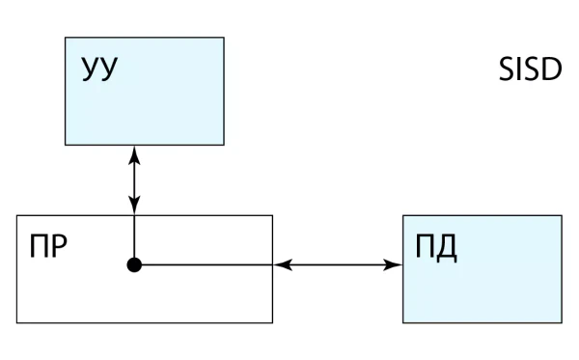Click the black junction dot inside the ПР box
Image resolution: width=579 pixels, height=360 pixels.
(134, 264)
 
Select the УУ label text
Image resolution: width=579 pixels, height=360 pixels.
(99, 69)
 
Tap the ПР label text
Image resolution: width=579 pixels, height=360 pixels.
(48, 246)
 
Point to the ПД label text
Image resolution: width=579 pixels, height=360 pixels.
(436, 247)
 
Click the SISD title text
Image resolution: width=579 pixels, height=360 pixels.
(530, 69)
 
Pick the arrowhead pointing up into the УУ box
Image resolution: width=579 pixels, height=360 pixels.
(134, 155)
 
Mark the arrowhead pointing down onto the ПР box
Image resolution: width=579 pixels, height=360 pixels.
(134, 206)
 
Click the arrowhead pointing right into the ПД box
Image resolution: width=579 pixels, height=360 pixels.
(393, 264)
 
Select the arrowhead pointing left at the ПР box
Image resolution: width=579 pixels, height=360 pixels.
(283, 264)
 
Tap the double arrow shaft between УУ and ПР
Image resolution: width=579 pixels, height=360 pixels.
(134, 180)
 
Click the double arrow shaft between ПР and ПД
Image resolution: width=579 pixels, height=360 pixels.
(338, 264)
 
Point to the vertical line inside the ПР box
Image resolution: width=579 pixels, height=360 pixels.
(134, 236)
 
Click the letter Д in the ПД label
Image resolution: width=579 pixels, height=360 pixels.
(447, 249)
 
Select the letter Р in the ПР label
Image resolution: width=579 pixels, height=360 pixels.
(60, 246)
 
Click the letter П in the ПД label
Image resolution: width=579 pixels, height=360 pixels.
(425, 246)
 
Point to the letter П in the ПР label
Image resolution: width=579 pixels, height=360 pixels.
(39, 246)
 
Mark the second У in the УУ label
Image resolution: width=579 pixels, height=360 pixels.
(109, 69)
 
